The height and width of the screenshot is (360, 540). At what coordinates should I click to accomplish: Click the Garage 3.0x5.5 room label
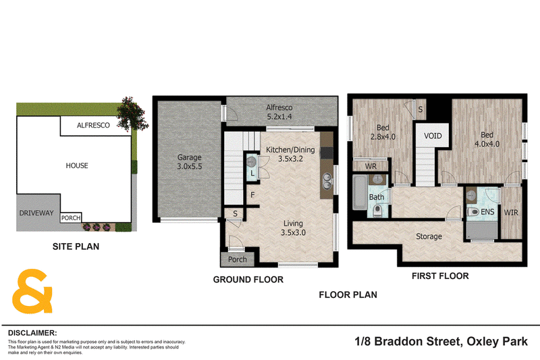[190, 162]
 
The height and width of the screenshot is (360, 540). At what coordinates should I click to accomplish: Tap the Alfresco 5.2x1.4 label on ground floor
[279, 112]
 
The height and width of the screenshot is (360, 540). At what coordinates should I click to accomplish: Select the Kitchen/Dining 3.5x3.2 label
[290, 155]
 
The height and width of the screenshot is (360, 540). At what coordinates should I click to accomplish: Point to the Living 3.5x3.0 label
[293, 228]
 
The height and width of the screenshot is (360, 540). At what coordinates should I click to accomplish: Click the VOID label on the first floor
[433, 136]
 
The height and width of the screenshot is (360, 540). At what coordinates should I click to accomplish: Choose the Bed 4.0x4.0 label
[487, 139]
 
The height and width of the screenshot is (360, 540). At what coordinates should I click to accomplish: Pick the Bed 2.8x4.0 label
[383, 132]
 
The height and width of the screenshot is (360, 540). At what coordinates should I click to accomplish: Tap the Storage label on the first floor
[429, 236]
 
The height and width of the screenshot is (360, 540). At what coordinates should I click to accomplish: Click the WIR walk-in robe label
[511, 213]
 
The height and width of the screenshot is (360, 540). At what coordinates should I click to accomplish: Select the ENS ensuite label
[487, 212]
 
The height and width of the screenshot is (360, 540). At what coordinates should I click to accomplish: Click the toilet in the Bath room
[377, 211]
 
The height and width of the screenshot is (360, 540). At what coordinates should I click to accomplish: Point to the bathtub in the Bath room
[360, 192]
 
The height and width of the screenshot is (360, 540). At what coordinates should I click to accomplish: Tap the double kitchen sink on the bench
[327, 182]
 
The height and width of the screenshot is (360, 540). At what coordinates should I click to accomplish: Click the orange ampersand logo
[32, 290]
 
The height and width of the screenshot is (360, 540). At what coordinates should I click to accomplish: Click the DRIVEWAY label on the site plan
[36, 213]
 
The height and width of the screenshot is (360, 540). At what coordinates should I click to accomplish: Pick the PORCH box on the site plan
[71, 217]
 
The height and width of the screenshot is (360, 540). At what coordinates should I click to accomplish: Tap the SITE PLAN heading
[76, 247]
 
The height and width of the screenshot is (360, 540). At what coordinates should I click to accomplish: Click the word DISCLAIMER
[32, 333]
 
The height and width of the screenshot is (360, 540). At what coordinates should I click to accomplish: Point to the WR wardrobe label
[371, 166]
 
